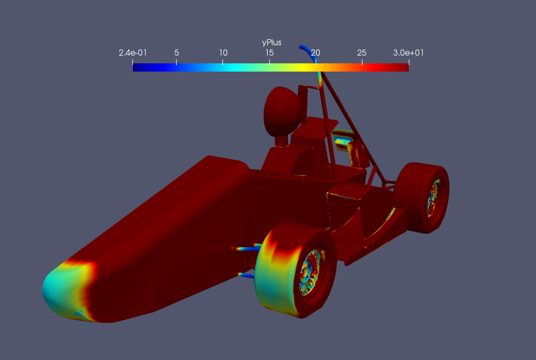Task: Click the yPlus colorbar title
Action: click(x=272, y=43)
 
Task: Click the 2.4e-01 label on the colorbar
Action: click(x=133, y=53)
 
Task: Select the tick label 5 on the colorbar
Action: click(x=177, y=53)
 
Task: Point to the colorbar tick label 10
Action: click(x=223, y=53)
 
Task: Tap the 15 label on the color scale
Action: click(x=269, y=53)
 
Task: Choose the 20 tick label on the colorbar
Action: click(x=316, y=53)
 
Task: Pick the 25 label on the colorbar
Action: click(x=361, y=53)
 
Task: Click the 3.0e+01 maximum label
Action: click(x=408, y=53)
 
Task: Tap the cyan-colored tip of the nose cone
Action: click(x=58, y=290)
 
